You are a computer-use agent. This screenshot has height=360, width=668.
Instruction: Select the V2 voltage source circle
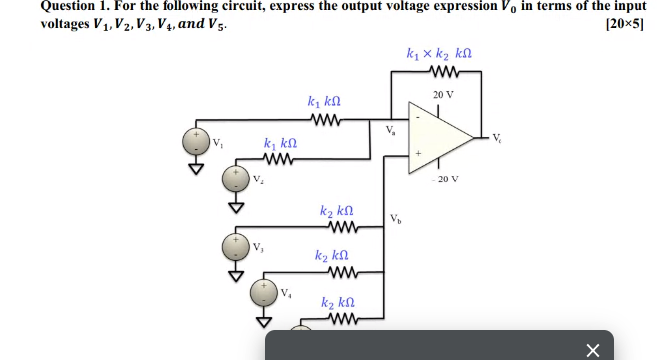tap(236, 180)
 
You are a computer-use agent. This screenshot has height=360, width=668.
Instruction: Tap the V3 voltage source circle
tap(236, 245)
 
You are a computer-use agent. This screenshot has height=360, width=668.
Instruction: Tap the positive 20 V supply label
tap(443, 94)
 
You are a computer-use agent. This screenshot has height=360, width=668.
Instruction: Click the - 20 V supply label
tap(444, 180)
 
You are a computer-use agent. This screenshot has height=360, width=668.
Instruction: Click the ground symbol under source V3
tap(236, 271)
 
